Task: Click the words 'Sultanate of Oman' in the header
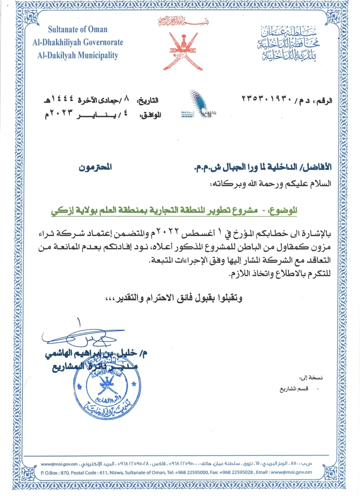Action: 78,29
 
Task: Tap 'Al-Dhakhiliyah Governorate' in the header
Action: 78,42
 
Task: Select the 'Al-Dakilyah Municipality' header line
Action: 78,55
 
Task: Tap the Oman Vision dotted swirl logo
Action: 200,104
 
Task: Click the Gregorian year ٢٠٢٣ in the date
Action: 61,114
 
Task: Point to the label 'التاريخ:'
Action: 148,100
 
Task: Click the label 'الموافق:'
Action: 150,115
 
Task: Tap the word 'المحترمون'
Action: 95,167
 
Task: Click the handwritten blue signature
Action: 83,337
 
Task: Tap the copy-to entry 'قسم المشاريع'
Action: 294,389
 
